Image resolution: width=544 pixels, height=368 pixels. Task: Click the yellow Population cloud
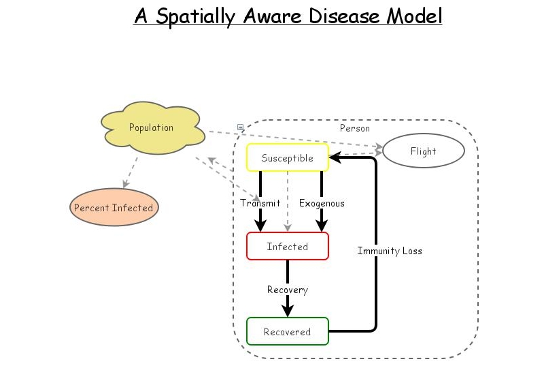[152, 128]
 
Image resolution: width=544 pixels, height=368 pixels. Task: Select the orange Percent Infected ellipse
[114, 208]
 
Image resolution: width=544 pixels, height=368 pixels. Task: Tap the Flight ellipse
[423, 151]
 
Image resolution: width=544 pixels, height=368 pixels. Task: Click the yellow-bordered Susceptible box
[287, 158]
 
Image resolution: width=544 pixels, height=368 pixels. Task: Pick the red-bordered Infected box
[287, 246]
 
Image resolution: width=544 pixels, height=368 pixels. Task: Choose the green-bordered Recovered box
[287, 332]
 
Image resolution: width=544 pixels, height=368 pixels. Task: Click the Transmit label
[260, 203]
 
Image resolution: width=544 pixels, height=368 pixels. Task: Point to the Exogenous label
[322, 203]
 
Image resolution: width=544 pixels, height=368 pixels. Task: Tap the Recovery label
[287, 290]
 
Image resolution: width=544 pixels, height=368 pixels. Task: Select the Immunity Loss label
[390, 251]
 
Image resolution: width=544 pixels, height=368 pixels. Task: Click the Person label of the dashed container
[355, 128]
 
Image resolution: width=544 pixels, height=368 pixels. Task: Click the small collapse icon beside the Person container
[240, 127]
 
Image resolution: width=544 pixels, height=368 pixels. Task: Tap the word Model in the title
[414, 16]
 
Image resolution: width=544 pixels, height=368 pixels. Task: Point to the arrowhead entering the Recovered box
[287, 311]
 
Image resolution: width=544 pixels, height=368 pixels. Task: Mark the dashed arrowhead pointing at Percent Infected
[124, 184]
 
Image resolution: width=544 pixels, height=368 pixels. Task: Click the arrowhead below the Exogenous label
[322, 226]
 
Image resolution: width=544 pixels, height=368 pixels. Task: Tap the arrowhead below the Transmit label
[260, 226]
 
